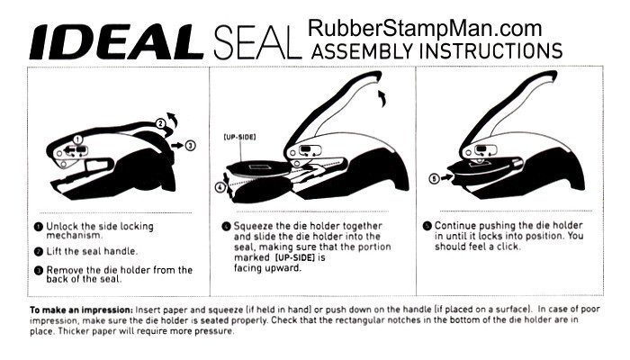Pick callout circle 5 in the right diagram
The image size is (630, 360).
click(x=434, y=178)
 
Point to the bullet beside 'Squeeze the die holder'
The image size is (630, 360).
click(x=226, y=225)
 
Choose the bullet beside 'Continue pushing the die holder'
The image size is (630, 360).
click(x=427, y=225)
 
